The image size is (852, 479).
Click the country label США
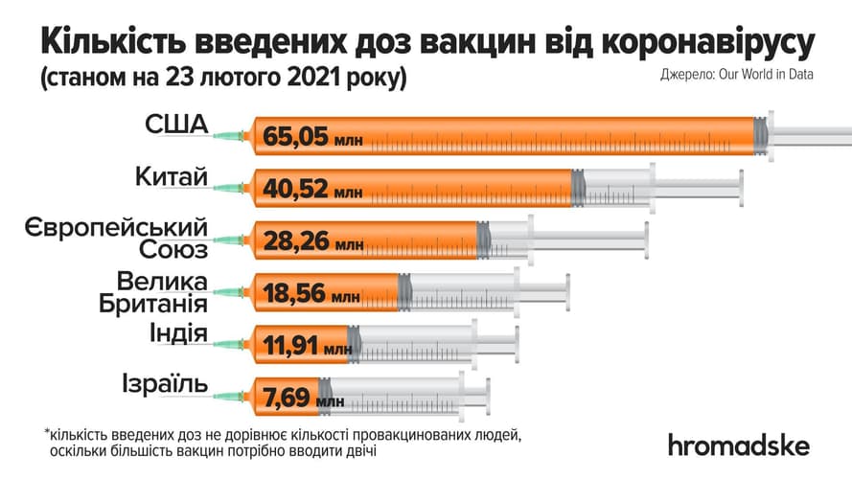[x=178, y=125]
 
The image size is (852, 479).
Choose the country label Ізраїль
[x=164, y=385]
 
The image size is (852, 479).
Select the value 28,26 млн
[x=312, y=243]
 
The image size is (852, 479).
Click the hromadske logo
[x=739, y=445]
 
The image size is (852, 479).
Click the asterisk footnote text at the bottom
[x=284, y=443]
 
